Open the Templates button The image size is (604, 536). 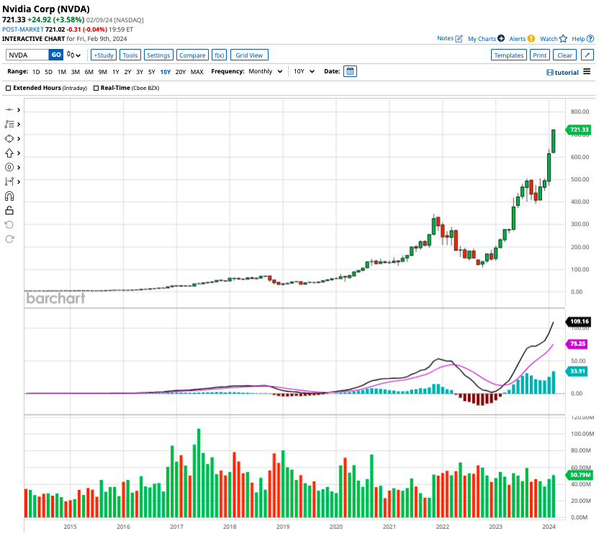point(508,55)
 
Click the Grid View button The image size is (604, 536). point(249,55)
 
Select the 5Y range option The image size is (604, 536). point(151,72)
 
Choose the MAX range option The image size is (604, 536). point(197,72)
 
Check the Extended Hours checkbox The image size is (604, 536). point(9,88)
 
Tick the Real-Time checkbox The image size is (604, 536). point(96,88)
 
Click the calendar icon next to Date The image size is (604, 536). point(350,71)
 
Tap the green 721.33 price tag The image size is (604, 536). point(579,130)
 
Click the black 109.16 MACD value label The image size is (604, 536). point(579,322)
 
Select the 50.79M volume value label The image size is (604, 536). point(580,475)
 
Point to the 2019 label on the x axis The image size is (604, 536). point(283,527)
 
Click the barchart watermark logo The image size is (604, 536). point(55,298)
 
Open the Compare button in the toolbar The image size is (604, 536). point(192,55)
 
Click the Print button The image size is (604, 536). point(539,55)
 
